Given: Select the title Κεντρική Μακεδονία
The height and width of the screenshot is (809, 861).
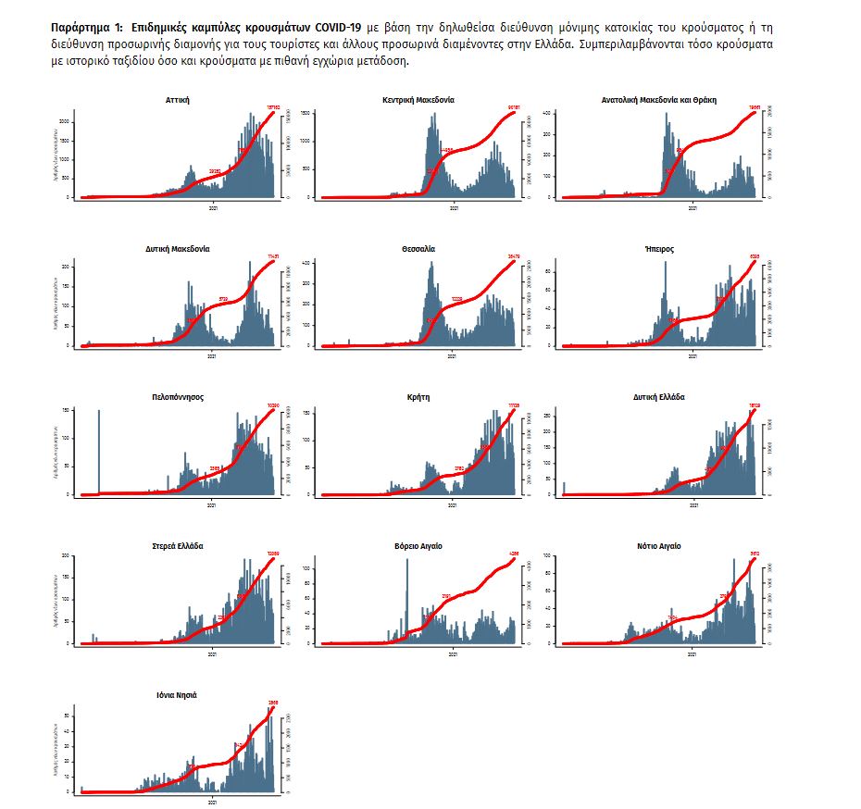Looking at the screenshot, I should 418,99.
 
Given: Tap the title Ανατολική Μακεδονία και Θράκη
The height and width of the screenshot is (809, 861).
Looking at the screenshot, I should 659,99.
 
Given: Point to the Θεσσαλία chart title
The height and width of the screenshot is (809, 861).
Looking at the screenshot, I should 418,249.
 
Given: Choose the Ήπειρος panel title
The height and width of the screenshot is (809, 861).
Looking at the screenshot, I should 659,249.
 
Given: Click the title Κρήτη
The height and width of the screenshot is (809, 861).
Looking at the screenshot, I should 418,397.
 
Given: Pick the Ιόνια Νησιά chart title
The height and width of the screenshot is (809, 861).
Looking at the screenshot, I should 177,694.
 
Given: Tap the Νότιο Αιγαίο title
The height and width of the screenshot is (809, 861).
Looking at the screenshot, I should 659,546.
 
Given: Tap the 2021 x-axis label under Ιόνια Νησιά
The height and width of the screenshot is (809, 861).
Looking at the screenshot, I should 212,803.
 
